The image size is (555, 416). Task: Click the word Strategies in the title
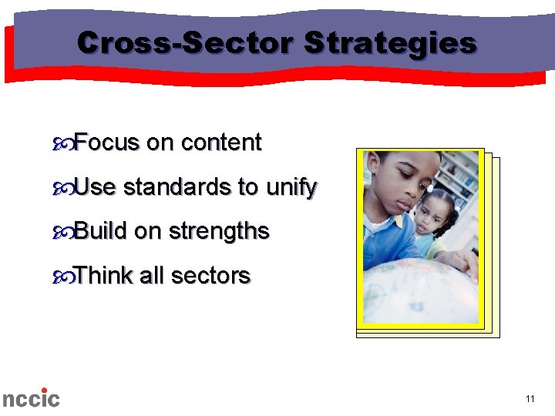click(x=390, y=44)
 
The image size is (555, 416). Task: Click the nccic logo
click(x=30, y=398)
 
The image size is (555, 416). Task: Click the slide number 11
click(x=530, y=399)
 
